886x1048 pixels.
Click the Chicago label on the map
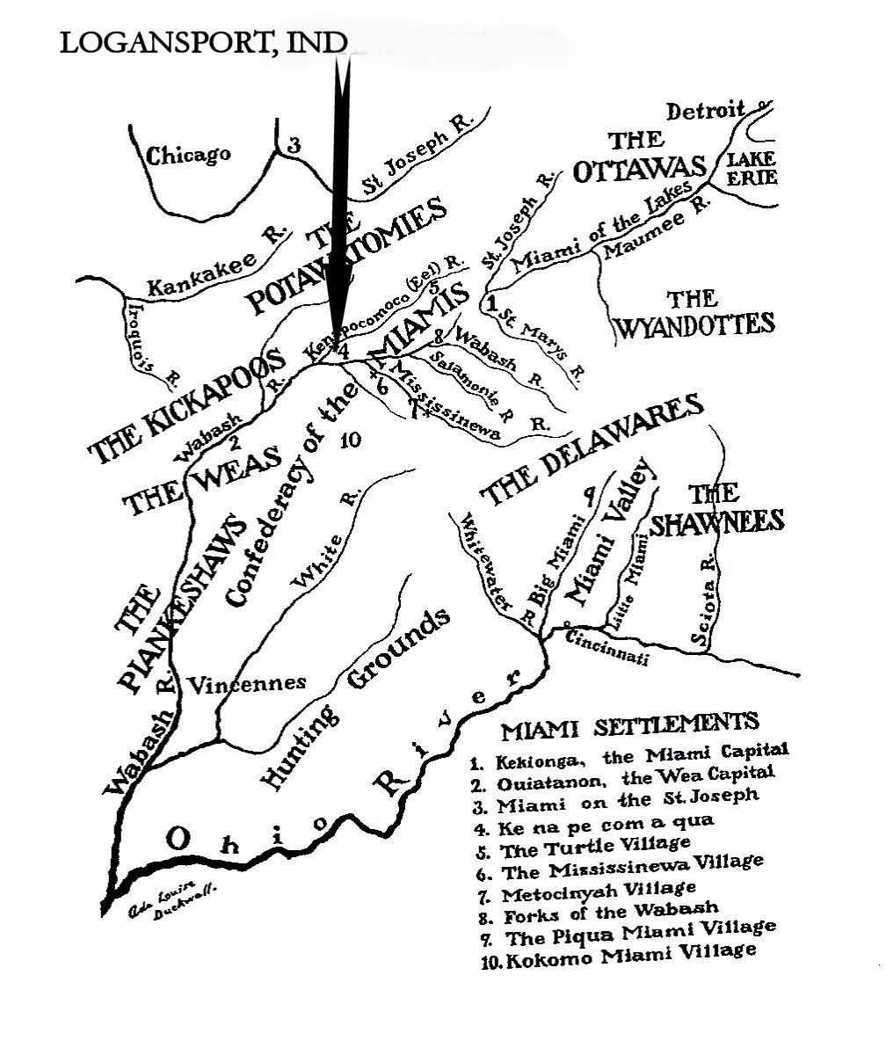click(188, 156)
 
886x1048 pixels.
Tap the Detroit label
click(706, 113)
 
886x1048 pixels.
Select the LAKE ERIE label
click(749, 167)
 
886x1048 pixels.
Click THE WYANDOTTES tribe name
click(694, 313)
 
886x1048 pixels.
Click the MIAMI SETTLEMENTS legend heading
click(629, 726)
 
